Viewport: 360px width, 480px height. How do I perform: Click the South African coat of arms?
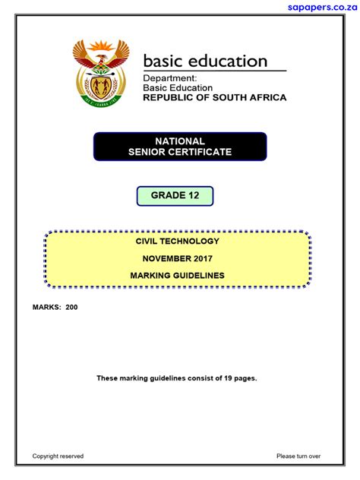pos(101,74)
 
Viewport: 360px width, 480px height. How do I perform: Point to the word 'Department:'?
pos(170,78)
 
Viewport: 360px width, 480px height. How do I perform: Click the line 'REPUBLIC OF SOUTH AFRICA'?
pos(215,97)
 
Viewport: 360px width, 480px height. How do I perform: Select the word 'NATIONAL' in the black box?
pos(180,141)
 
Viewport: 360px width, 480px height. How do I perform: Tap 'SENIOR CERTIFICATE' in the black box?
pos(180,152)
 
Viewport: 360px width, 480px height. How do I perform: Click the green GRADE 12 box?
pos(175,196)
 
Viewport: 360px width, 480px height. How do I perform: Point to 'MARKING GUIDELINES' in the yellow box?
pos(178,276)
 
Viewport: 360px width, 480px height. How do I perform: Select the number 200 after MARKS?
pos(71,308)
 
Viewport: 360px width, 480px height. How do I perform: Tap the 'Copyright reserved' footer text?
pos(58,456)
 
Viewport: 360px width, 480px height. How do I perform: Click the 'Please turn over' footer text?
pos(298,456)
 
